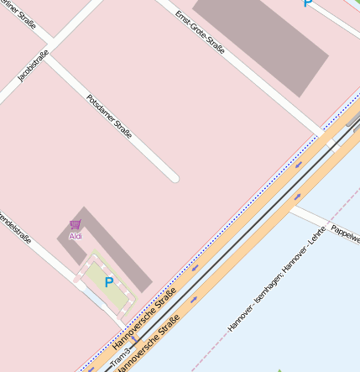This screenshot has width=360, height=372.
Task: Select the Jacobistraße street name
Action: [33, 65]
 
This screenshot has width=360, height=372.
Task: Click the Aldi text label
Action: [76, 237]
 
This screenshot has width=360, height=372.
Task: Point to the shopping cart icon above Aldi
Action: [76, 225]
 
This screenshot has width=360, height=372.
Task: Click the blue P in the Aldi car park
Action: [108, 283]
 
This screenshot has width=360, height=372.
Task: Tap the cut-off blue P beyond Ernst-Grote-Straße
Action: [308, 3]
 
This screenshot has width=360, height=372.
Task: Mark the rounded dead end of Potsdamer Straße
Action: [174, 177]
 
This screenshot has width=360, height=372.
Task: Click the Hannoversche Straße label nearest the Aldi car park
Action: [143, 318]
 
